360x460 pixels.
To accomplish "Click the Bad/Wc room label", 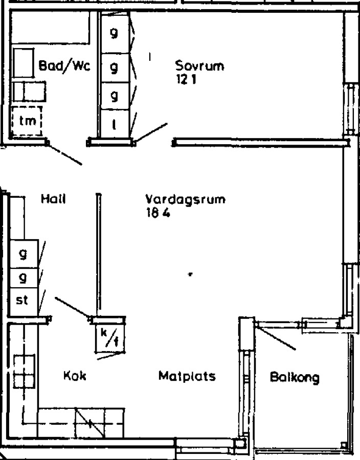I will pyautogui.click(x=64, y=66).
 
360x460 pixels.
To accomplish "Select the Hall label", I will pyautogui.click(x=55, y=200).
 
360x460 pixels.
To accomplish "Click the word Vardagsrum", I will pyautogui.click(x=185, y=200).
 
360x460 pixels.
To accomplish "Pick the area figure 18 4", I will pyautogui.click(x=157, y=214).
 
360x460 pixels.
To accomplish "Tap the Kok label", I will pyautogui.click(x=75, y=376).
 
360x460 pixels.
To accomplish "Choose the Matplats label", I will pyautogui.click(x=187, y=377).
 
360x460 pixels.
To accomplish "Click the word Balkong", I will pyautogui.click(x=295, y=378).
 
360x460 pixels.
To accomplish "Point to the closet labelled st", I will pyautogui.click(x=23, y=300).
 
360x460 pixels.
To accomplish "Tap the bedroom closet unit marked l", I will pyautogui.click(x=114, y=124).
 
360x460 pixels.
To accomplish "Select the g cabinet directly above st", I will pyautogui.click(x=23, y=278).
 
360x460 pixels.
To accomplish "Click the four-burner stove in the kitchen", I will pyautogui.click(x=23, y=372).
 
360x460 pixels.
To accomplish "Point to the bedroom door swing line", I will pyautogui.click(x=150, y=132).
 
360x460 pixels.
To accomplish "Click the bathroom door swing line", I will pyautogui.click(x=64, y=154).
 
